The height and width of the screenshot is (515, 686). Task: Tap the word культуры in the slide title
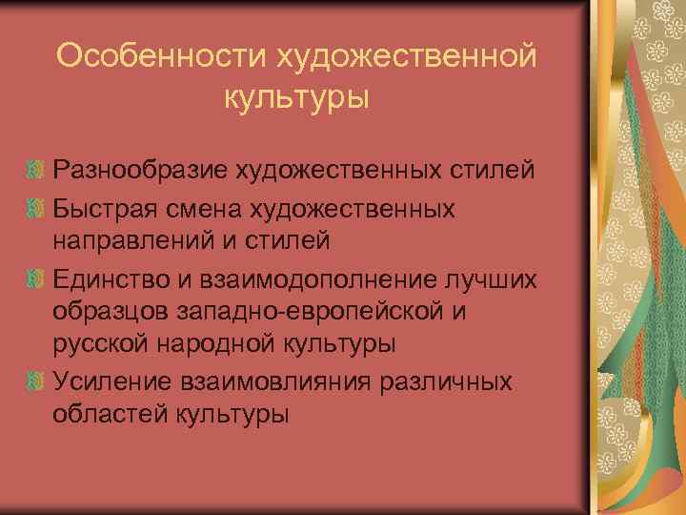click(x=296, y=97)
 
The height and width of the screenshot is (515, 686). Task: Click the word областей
click(x=108, y=416)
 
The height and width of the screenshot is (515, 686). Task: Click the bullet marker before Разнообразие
click(x=35, y=173)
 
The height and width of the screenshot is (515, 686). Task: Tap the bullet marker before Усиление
click(x=35, y=381)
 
